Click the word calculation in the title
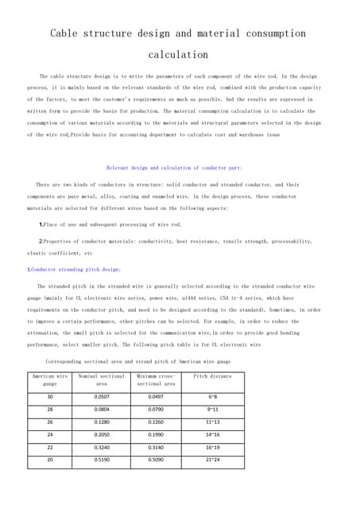(178, 55)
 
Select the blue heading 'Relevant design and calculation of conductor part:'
(174, 168)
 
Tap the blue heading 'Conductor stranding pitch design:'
(75, 270)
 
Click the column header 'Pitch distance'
(212, 375)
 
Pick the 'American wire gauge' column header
(49, 379)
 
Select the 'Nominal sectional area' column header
(101, 379)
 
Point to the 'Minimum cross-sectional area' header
(156, 379)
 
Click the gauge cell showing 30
(50, 396)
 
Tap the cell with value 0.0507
(102, 396)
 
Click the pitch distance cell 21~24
(212, 460)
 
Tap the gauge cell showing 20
(50, 460)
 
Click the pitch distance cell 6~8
(212, 396)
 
